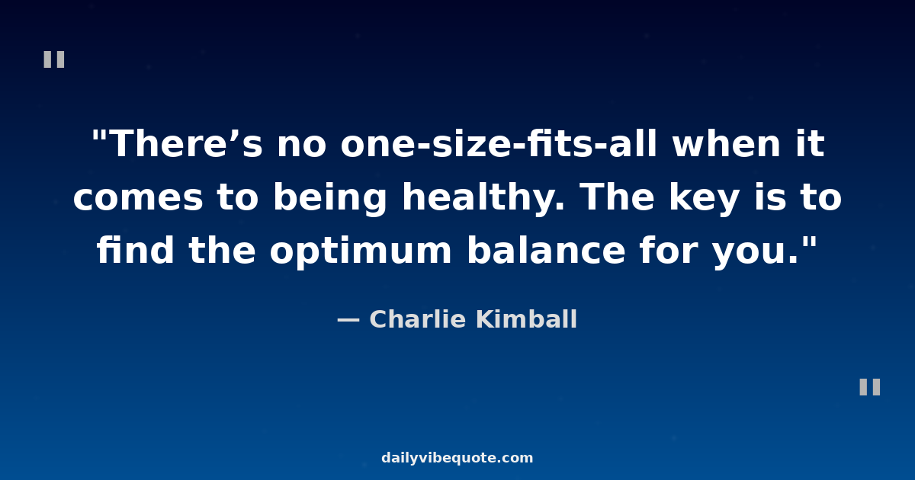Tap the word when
coord(726,143)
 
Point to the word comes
coord(138,198)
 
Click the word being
coord(330,199)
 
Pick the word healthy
coord(483,199)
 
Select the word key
coord(705,199)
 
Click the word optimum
coord(361,252)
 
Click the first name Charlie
coord(418,318)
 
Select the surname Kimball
coord(527,318)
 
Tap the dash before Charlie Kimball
coord(348,321)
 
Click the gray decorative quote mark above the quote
coord(54,59)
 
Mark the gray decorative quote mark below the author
coord(870,387)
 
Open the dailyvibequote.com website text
coord(457,458)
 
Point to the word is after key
coord(770,198)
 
